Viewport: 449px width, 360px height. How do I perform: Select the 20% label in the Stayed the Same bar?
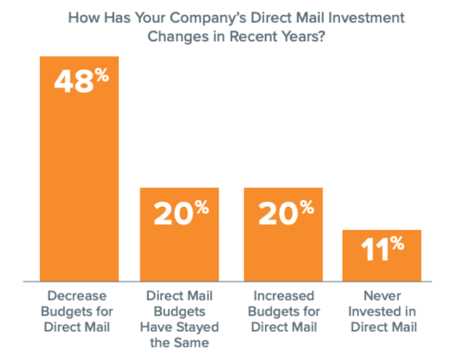point(182,213)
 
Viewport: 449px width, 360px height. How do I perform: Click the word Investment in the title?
point(366,17)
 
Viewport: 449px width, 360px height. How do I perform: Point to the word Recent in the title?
point(255,36)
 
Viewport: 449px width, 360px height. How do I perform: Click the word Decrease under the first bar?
point(76,296)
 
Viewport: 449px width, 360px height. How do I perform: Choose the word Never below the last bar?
point(382,296)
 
